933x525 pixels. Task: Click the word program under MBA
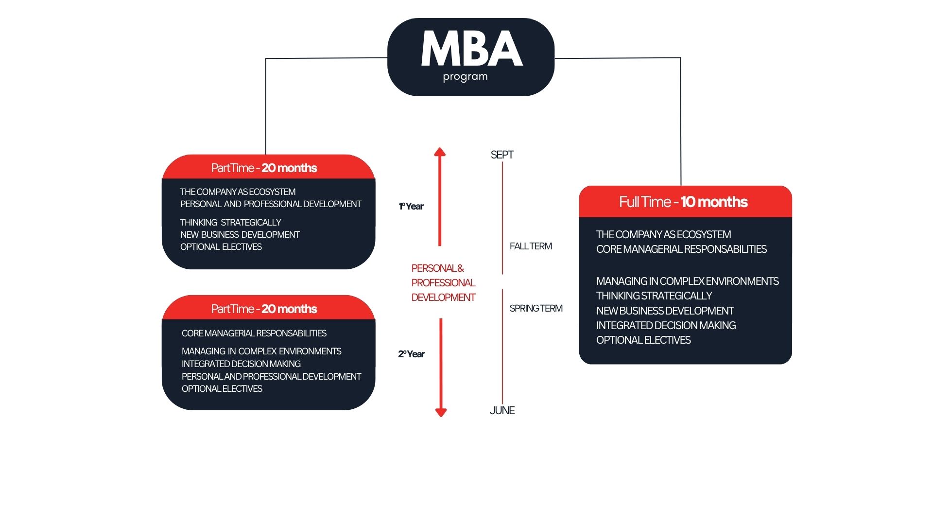click(x=465, y=77)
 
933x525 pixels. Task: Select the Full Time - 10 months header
click(x=683, y=202)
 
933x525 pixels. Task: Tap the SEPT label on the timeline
click(x=502, y=155)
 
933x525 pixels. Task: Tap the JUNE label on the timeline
click(x=502, y=410)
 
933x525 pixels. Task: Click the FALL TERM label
click(x=531, y=246)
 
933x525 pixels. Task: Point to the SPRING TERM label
click(x=536, y=308)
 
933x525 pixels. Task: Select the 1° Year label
click(x=411, y=206)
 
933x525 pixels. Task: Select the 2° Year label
click(x=411, y=354)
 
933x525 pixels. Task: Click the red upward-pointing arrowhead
click(x=440, y=152)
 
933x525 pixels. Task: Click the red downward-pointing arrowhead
click(x=441, y=412)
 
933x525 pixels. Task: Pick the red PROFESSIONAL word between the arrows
click(x=443, y=282)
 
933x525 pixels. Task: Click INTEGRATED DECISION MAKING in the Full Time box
click(x=666, y=325)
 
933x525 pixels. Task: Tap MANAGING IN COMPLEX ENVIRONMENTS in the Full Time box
click(x=687, y=281)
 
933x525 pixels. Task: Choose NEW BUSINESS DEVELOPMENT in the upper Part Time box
click(x=240, y=234)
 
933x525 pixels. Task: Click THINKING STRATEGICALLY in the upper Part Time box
click(x=230, y=222)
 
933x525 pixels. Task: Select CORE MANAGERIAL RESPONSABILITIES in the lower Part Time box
click(x=254, y=333)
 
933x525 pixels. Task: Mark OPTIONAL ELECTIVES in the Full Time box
click(x=643, y=340)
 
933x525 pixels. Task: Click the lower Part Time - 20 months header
click(x=264, y=309)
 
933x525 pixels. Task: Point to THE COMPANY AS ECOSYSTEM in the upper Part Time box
click(x=238, y=192)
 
